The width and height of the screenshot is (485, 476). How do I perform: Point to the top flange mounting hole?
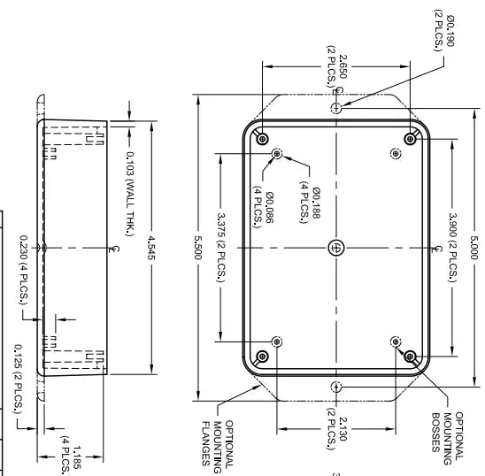(335, 107)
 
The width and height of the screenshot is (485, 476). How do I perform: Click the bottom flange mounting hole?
(335, 386)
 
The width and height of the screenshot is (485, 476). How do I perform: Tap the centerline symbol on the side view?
(111, 250)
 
